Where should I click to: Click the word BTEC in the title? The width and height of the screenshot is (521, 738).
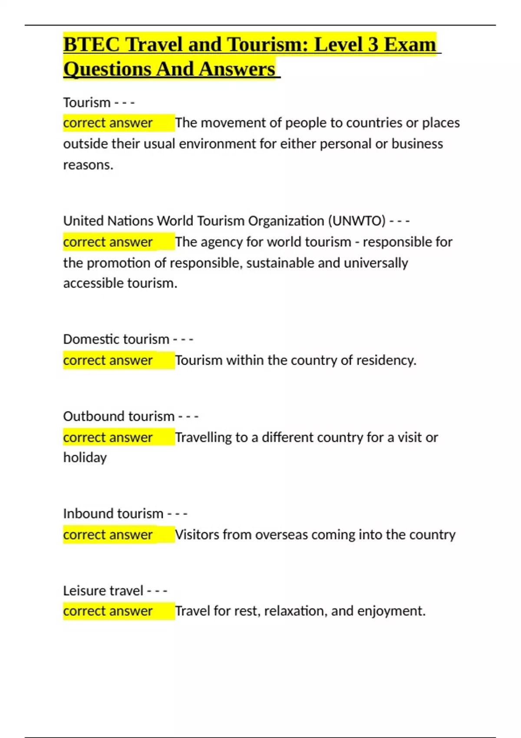click(90, 44)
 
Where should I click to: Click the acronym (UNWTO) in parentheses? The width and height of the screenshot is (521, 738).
click(356, 221)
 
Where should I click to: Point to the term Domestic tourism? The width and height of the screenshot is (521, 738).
click(116, 339)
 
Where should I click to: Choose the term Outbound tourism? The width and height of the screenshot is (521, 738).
click(119, 416)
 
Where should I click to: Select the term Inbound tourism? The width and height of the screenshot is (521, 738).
click(113, 514)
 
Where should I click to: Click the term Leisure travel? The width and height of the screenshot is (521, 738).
click(103, 591)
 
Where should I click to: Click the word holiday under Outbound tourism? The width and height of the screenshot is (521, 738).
click(85, 458)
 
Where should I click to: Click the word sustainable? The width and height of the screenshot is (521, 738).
click(280, 263)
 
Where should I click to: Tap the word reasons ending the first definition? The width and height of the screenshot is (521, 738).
click(88, 165)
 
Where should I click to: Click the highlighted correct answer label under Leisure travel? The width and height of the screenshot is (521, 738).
click(108, 611)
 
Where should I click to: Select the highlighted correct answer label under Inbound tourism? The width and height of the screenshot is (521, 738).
click(108, 535)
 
